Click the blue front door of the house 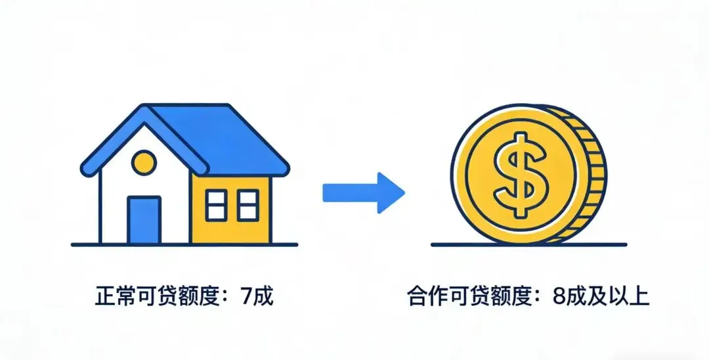(x=144, y=220)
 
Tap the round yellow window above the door (x=144, y=160)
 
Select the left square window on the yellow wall (x=216, y=205)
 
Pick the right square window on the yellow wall (x=248, y=205)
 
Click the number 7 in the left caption (x=246, y=297)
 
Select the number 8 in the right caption (x=559, y=297)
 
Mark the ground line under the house (x=184, y=245)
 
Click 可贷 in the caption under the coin (x=468, y=297)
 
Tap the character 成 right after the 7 (x=263, y=297)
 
